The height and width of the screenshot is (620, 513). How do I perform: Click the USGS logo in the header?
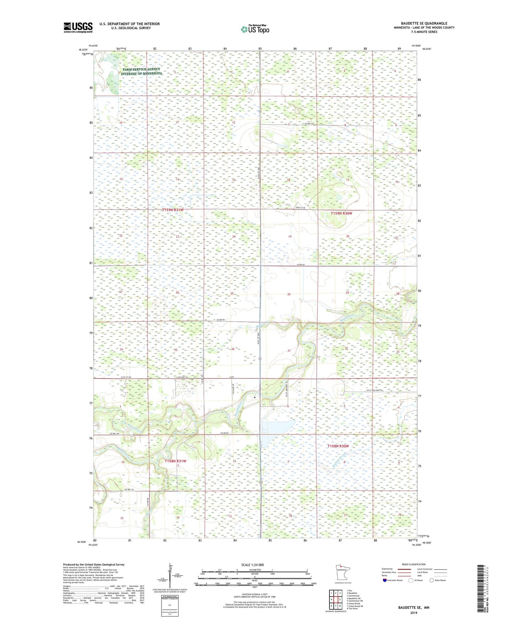click(x=78, y=27)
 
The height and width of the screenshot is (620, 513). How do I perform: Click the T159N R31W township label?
click(x=173, y=210)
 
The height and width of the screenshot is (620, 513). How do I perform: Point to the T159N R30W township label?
click(x=341, y=213)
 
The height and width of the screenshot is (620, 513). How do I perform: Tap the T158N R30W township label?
click(x=338, y=446)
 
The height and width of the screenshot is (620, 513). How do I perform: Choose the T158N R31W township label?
click(x=175, y=461)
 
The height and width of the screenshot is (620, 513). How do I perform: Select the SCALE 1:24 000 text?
click(x=252, y=565)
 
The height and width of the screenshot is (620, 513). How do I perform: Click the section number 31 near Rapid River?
click(x=289, y=351)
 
